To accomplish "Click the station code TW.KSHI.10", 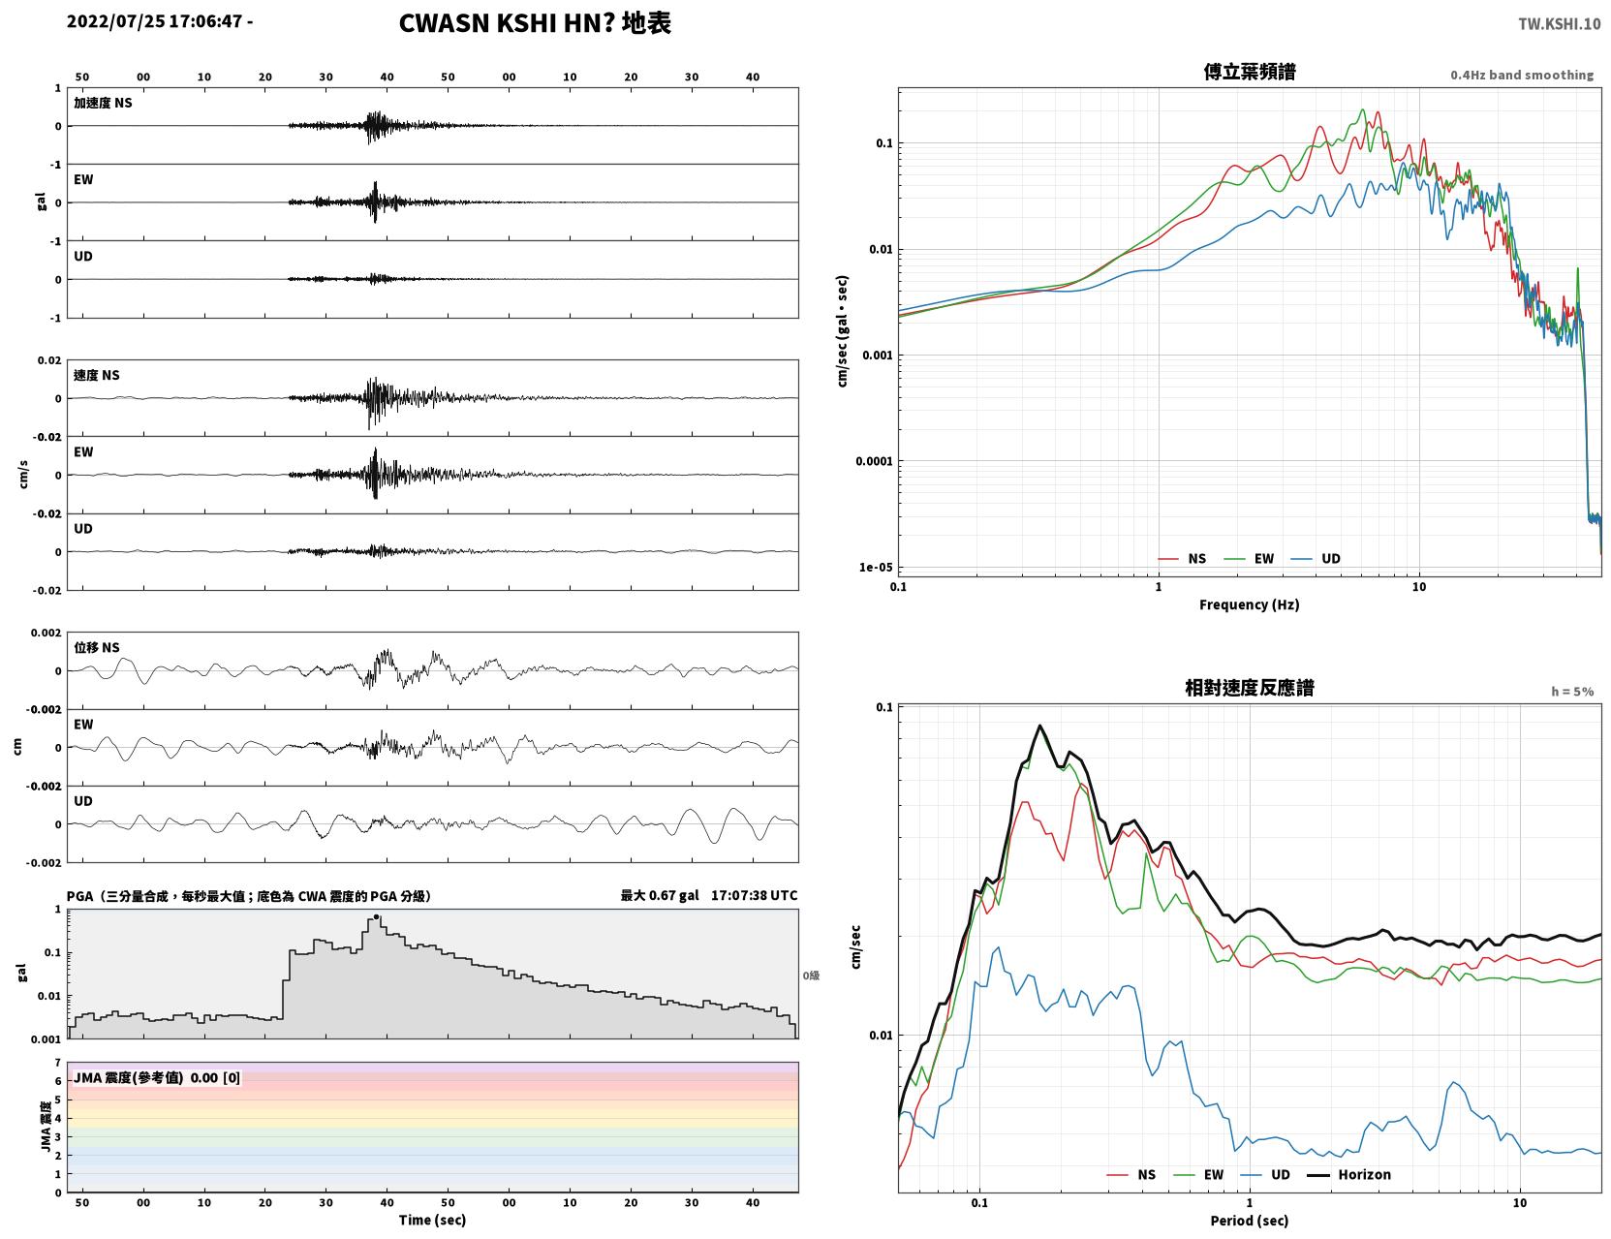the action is [x=1559, y=23].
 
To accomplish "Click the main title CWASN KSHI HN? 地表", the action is [x=535, y=23].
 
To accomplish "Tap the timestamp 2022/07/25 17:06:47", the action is [x=154, y=20].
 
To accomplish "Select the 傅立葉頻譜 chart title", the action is [x=1250, y=72].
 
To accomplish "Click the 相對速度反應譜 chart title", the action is [x=1250, y=688].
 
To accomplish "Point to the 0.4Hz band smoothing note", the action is [x=1521, y=75].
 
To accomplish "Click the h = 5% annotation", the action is [x=1571, y=692].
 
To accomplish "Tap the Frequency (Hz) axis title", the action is [x=1250, y=604].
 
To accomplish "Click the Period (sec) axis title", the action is [x=1250, y=1221].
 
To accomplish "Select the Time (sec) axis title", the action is [x=432, y=1220].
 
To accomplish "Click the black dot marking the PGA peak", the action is [x=376, y=916].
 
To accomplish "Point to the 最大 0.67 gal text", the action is [x=659, y=895].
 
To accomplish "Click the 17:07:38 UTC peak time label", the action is [x=754, y=895].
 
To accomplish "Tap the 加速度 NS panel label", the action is [x=103, y=103].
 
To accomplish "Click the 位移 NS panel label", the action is [x=96, y=648].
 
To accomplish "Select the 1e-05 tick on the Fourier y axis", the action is [x=876, y=568].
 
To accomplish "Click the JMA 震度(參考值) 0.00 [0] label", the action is [x=156, y=1077].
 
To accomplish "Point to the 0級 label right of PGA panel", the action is [x=811, y=976].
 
